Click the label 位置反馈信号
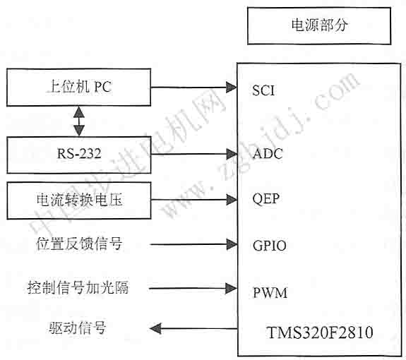click(79, 244)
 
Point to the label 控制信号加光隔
click(78, 287)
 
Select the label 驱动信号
click(78, 328)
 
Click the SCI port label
click(263, 90)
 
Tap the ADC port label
click(268, 154)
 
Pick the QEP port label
click(266, 199)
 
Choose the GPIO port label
click(270, 246)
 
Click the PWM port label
click(270, 293)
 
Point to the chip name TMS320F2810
click(320, 332)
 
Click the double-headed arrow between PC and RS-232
click(79, 121)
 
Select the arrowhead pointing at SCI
click(231, 88)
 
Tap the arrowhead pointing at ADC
click(232, 155)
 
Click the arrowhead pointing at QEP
click(232, 200)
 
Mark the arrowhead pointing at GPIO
click(232, 244)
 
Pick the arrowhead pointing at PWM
click(231, 288)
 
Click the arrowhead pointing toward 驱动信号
click(155, 329)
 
